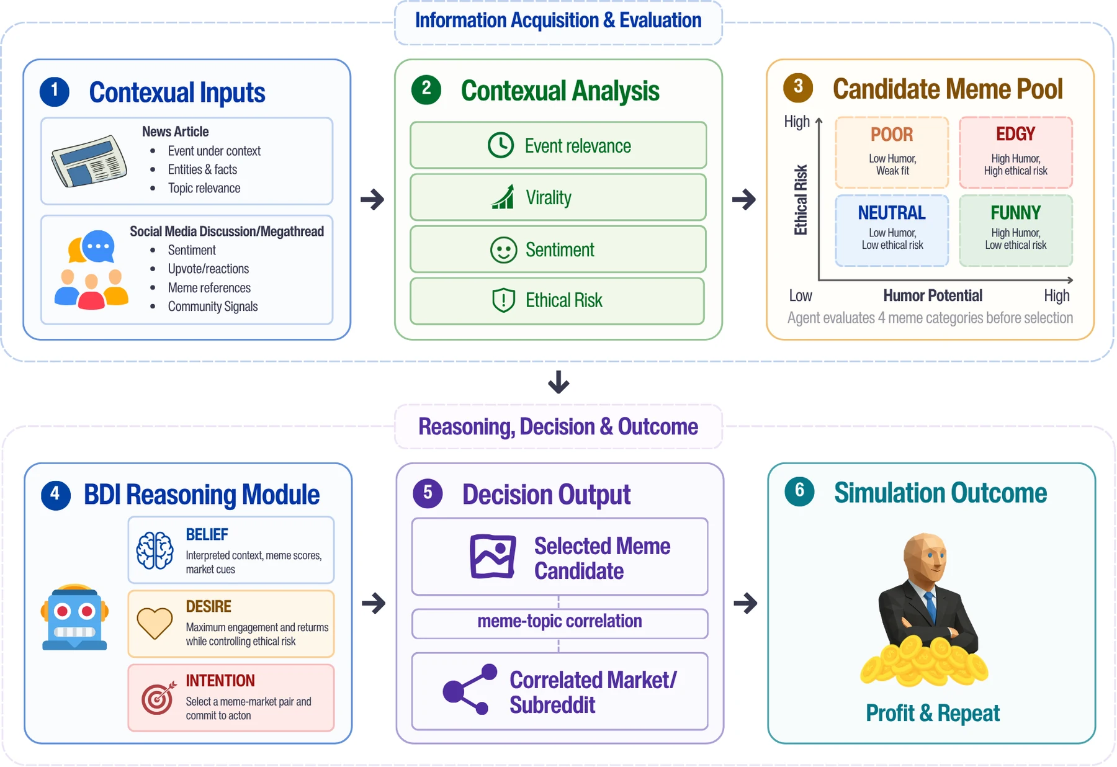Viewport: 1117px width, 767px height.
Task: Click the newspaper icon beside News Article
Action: pyautogui.click(x=89, y=161)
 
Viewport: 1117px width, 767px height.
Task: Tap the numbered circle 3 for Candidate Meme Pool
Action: pyautogui.click(x=798, y=87)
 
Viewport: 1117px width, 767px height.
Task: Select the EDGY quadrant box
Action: pyautogui.click(x=1016, y=153)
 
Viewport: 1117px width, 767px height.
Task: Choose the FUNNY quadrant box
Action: pyautogui.click(x=1016, y=231)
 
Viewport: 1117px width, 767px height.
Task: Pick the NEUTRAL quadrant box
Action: pyautogui.click(x=892, y=231)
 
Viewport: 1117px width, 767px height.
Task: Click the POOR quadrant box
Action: pyautogui.click(x=892, y=153)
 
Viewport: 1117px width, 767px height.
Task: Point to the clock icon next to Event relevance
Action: pyautogui.click(x=501, y=145)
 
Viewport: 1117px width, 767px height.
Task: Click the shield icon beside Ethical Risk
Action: pyautogui.click(x=503, y=300)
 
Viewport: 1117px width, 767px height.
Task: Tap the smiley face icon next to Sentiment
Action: pyautogui.click(x=503, y=249)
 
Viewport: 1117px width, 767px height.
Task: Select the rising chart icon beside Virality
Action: pyautogui.click(x=503, y=197)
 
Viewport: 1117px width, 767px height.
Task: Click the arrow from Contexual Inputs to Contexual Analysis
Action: pyautogui.click(x=372, y=199)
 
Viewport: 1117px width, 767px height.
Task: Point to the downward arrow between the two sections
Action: pyautogui.click(x=558, y=382)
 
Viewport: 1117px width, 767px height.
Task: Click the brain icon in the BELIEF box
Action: pyautogui.click(x=155, y=550)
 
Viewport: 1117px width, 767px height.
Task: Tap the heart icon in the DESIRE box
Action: pyautogui.click(x=155, y=623)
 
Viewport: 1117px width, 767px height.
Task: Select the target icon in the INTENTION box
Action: pyautogui.click(x=158, y=698)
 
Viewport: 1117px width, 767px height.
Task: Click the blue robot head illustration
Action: pyautogui.click(x=74, y=617)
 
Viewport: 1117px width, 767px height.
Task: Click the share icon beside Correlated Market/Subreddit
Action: pyautogui.click(x=470, y=689)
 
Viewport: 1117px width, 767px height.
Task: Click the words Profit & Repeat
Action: pyautogui.click(x=933, y=713)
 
